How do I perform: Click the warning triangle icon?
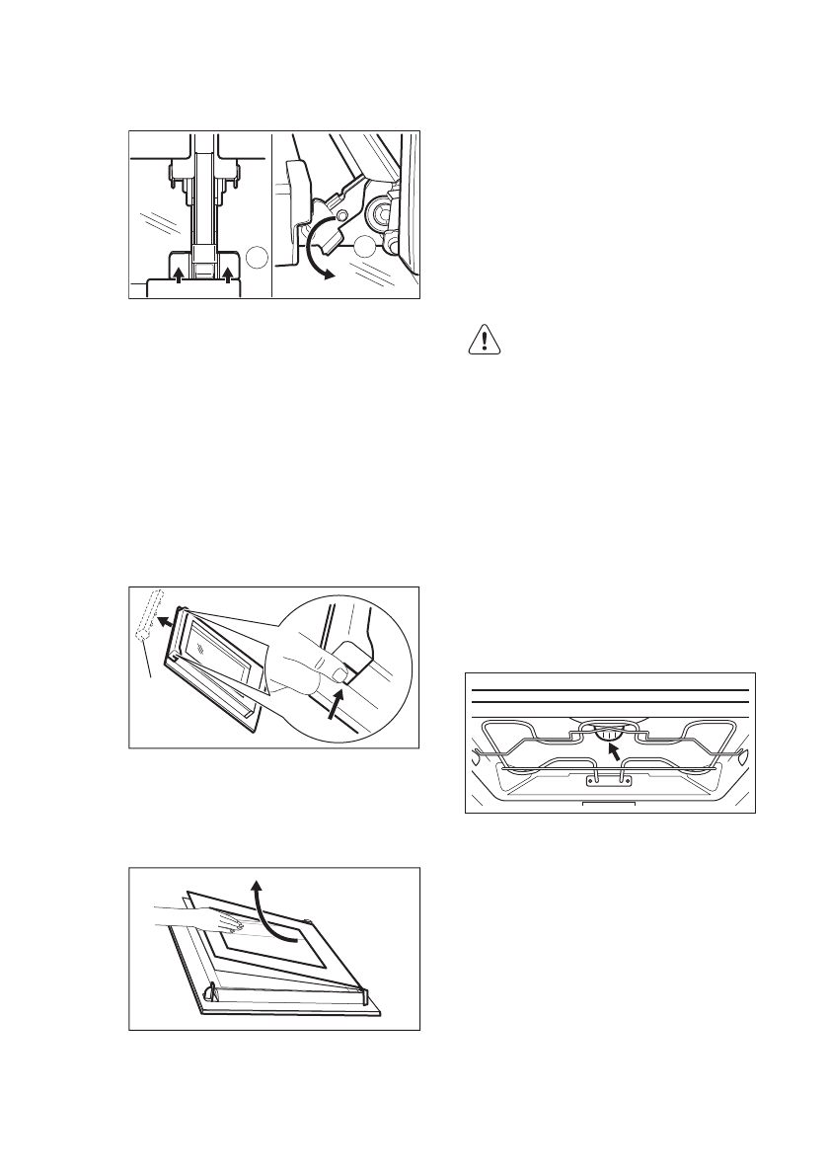point(484,341)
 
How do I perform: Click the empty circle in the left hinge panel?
point(256,258)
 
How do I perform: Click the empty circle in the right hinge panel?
point(366,247)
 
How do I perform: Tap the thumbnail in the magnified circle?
point(339,675)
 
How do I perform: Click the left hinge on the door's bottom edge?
point(209,990)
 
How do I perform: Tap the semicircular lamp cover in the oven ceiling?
point(608,732)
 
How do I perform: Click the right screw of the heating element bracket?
point(624,780)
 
